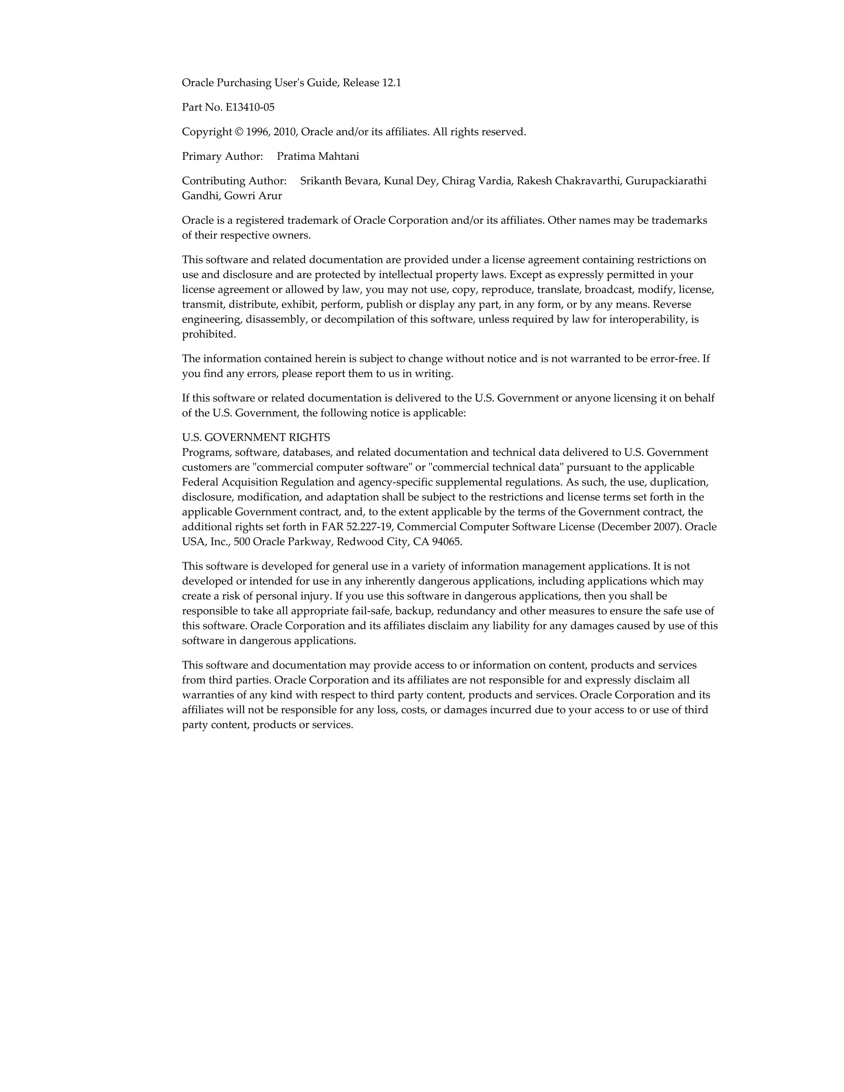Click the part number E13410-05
tap(250, 108)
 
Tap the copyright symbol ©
tap(239, 132)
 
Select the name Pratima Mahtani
tap(318, 157)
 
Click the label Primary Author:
tap(223, 157)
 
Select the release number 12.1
tap(392, 83)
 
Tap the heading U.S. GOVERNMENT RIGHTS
tap(256, 438)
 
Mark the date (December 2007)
tap(640, 527)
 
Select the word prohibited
tap(209, 335)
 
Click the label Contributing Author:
tap(234, 181)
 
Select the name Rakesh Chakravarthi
tap(568, 181)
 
